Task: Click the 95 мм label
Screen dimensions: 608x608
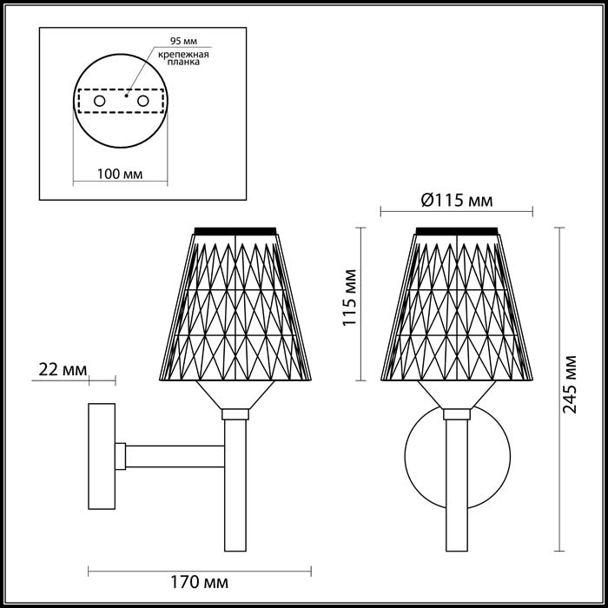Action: click(183, 41)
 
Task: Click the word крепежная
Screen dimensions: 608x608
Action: click(183, 54)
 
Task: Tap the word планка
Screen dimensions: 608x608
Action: click(183, 62)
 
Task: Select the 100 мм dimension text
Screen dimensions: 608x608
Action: click(120, 174)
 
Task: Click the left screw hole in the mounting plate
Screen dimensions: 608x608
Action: click(100, 102)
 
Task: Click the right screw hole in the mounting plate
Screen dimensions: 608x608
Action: click(142, 102)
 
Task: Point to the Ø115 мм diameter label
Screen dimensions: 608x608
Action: click(457, 201)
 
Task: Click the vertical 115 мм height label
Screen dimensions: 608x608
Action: click(350, 298)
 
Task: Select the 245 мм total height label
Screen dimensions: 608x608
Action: click(569, 385)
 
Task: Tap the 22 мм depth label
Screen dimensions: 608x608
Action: click(63, 369)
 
